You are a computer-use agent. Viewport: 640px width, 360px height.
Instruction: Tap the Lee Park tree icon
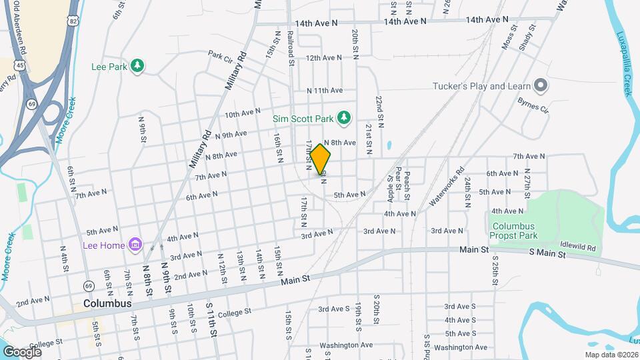[137, 65]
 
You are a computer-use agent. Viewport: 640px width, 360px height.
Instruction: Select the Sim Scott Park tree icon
[343, 118]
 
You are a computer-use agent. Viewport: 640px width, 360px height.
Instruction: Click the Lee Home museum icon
[135, 245]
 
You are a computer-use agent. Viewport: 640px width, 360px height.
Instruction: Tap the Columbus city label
[107, 303]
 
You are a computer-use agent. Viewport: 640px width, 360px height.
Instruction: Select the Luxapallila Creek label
[624, 63]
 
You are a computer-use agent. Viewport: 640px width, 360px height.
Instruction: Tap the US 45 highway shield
[21, 65]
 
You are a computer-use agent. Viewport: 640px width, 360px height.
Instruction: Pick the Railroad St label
[291, 47]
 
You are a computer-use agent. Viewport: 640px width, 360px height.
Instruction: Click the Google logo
[22, 352]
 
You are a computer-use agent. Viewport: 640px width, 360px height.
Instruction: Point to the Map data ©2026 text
[611, 355]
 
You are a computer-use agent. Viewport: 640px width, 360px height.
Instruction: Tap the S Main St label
[547, 253]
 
